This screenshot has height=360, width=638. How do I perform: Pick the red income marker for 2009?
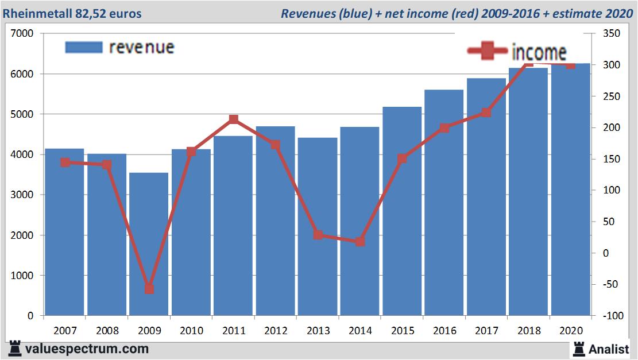click(x=149, y=289)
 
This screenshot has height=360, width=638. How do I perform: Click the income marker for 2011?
click(x=234, y=119)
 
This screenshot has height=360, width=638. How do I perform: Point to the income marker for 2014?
click(x=360, y=242)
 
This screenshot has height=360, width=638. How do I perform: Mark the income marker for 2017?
click(x=486, y=113)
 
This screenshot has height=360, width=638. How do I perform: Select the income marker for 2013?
click(x=318, y=235)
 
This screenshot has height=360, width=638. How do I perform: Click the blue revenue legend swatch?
click(x=83, y=47)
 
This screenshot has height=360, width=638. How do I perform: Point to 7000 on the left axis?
click(x=22, y=34)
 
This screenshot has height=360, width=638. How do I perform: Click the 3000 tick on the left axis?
click(x=22, y=195)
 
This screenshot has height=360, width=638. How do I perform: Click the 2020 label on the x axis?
click(x=571, y=331)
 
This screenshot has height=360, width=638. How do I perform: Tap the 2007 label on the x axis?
click(x=65, y=331)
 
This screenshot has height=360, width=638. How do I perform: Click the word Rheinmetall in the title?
click(x=37, y=13)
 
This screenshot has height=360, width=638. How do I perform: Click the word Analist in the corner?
click(x=609, y=349)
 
